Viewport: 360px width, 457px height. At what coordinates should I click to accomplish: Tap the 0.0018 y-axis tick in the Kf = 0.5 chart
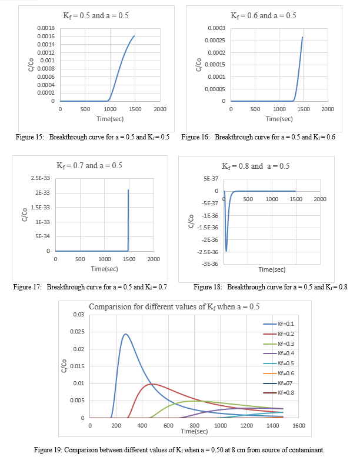pos(46,28)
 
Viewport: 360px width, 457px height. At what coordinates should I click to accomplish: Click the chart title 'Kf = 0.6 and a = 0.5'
pos(264,15)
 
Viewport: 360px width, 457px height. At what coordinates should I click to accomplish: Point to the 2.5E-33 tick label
pos(39,178)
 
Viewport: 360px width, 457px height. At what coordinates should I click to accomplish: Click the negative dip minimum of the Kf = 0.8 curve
pos(226,251)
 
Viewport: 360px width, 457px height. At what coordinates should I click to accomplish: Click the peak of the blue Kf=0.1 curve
pos(125,334)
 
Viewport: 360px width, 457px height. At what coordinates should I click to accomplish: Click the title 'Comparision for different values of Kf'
pos(174,306)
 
